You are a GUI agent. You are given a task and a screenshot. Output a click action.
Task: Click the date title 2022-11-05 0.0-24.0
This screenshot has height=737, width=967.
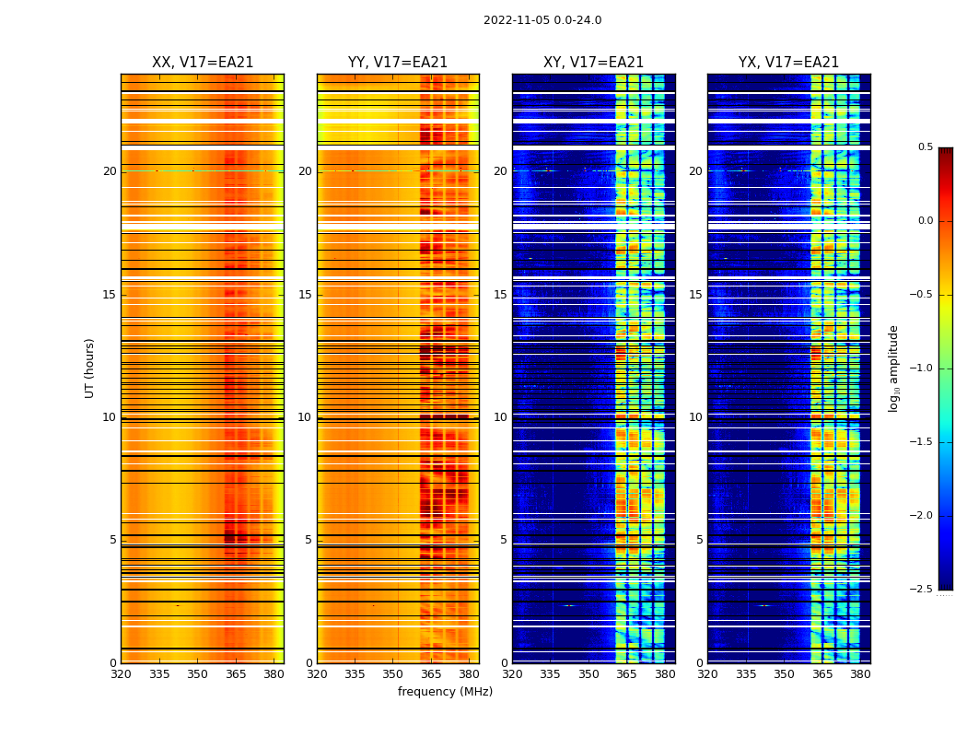pyautogui.click(x=542, y=20)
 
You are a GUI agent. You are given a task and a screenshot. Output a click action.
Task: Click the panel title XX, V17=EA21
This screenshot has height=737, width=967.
pyautogui.click(x=203, y=63)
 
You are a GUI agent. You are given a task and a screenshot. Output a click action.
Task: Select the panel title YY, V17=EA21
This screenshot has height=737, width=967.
pyautogui.click(x=398, y=63)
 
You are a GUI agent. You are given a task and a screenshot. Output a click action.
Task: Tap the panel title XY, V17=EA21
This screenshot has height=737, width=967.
pyautogui.click(x=593, y=63)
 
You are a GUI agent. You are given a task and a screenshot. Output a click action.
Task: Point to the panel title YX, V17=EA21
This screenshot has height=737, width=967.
pyautogui.click(x=788, y=63)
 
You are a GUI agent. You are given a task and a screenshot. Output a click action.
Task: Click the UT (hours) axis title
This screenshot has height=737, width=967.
pyautogui.click(x=89, y=368)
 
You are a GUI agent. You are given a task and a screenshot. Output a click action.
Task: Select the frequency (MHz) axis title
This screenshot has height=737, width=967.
pyautogui.click(x=445, y=692)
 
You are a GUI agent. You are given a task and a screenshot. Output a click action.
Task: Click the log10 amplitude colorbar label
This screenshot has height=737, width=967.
pyautogui.click(x=893, y=368)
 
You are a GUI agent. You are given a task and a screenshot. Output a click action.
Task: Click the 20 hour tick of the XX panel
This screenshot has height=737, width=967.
pyautogui.click(x=110, y=171)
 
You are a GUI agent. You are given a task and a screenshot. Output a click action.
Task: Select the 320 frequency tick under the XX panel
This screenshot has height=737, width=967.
pyautogui.click(x=121, y=673)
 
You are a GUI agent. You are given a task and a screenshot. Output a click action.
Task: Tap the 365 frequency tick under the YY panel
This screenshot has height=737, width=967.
pyautogui.click(x=431, y=673)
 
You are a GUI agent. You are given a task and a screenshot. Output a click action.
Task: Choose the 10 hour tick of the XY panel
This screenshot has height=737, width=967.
pyautogui.click(x=500, y=417)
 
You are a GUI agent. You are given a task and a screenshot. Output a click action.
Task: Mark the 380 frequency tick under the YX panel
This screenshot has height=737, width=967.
pyautogui.click(x=860, y=673)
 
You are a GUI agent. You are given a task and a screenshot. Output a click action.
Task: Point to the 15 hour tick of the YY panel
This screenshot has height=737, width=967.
pyautogui.click(x=305, y=295)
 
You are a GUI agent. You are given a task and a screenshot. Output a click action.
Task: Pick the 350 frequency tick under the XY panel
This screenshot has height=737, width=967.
pyautogui.click(x=588, y=673)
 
